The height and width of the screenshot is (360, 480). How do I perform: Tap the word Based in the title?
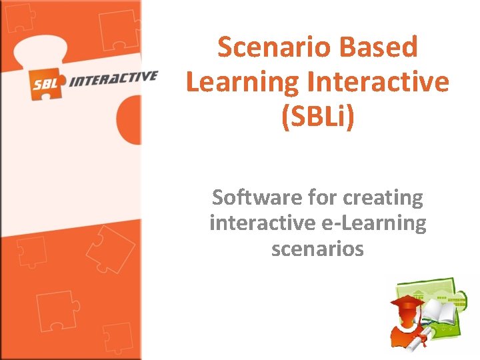[x=379, y=47]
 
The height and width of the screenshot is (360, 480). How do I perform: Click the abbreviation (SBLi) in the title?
[x=317, y=117]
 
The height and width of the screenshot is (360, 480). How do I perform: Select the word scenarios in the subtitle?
[x=317, y=249]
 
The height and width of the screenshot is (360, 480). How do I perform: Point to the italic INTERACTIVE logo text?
[x=113, y=79]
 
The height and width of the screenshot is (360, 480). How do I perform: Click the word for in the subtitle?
[x=323, y=198]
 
